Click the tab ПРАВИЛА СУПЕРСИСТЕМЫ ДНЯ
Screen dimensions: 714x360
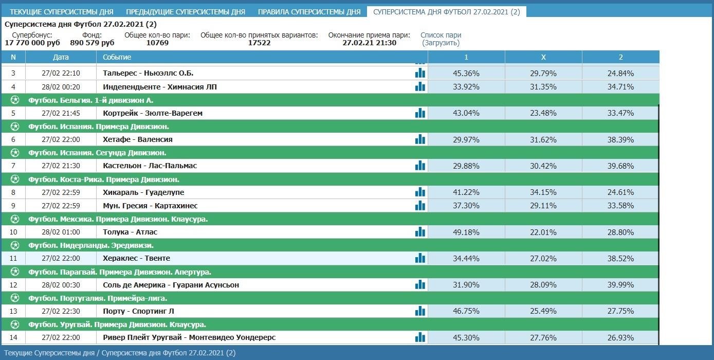pos(309,12)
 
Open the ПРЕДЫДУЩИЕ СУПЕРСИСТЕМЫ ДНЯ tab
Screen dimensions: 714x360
pos(186,12)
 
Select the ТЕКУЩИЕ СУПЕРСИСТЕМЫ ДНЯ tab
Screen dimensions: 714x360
pos(62,12)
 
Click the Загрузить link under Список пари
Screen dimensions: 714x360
pos(441,43)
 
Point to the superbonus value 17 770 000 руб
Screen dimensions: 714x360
pos(32,43)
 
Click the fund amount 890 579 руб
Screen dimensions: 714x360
pos(92,43)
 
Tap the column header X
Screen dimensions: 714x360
pos(543,57)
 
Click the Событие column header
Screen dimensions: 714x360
pos(117,57)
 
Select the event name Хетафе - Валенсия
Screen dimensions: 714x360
pos(138,139)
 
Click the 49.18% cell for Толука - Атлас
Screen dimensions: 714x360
pos(466,232)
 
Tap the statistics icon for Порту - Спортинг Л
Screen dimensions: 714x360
pos(420,311)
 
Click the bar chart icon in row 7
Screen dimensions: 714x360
pos(420,166)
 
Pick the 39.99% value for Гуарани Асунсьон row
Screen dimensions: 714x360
pos(620,285)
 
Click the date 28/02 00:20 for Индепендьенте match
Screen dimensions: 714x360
pos(61,87)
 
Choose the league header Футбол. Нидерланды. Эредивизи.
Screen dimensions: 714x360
pos(91,245)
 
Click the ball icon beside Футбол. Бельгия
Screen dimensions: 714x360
pos(15,100)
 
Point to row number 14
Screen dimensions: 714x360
pos(13,337)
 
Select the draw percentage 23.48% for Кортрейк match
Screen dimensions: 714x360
pos(543,113)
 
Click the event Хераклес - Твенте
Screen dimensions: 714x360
pos(136,258)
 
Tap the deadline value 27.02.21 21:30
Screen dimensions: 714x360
pos(370,43)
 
